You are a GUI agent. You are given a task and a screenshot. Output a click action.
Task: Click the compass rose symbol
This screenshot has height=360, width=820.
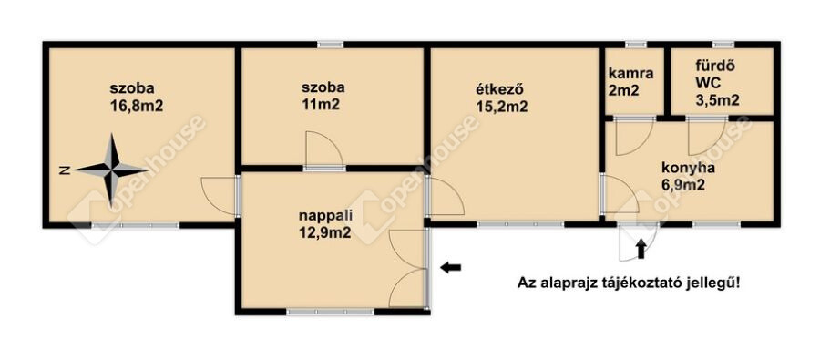[x=111, y=170]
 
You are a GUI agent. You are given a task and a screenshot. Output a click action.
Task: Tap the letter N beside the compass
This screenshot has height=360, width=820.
[x=64, y=170]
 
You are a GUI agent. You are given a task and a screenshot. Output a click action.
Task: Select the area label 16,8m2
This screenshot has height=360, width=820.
[x=136, y=106]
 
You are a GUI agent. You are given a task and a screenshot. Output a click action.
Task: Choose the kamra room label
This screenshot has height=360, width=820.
[x=630, y=73]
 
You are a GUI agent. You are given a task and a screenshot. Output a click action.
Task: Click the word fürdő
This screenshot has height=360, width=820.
[x=709, y=67]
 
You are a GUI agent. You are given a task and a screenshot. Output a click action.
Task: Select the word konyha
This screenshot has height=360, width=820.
[x=688, y=169]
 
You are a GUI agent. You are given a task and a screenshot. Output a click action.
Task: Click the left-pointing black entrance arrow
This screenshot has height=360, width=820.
[x=450, y=267]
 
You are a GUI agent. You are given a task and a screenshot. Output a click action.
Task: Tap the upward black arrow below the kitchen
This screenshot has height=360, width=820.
[x=641, y=249]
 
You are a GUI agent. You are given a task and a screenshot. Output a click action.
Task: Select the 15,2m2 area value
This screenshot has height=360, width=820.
[x=501, y=107]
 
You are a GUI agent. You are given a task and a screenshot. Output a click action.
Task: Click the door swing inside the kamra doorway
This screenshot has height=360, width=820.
[x=634, y=139]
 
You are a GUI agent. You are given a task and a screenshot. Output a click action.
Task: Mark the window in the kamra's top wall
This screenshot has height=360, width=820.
[x=635, y=45]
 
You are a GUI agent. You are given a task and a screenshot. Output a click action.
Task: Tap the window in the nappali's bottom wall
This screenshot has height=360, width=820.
[x=331, y=312]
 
